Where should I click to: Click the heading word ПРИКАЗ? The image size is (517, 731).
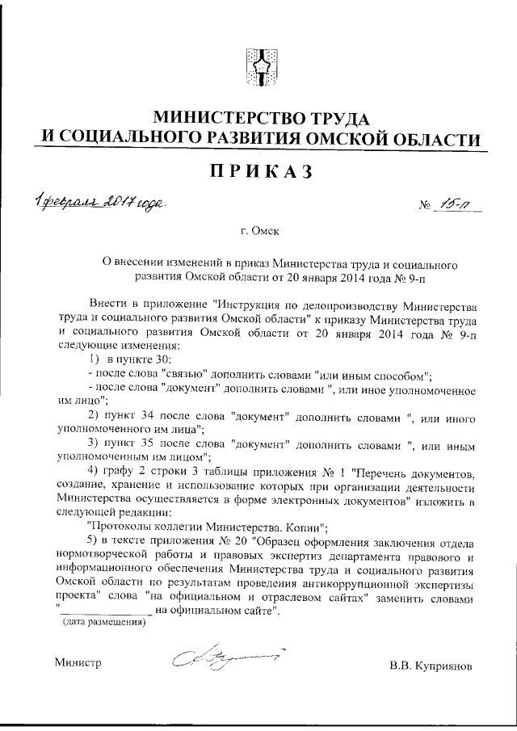click(259, 172)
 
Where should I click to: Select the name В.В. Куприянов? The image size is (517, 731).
click(431, 666)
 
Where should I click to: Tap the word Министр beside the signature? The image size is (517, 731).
click(78, 663)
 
